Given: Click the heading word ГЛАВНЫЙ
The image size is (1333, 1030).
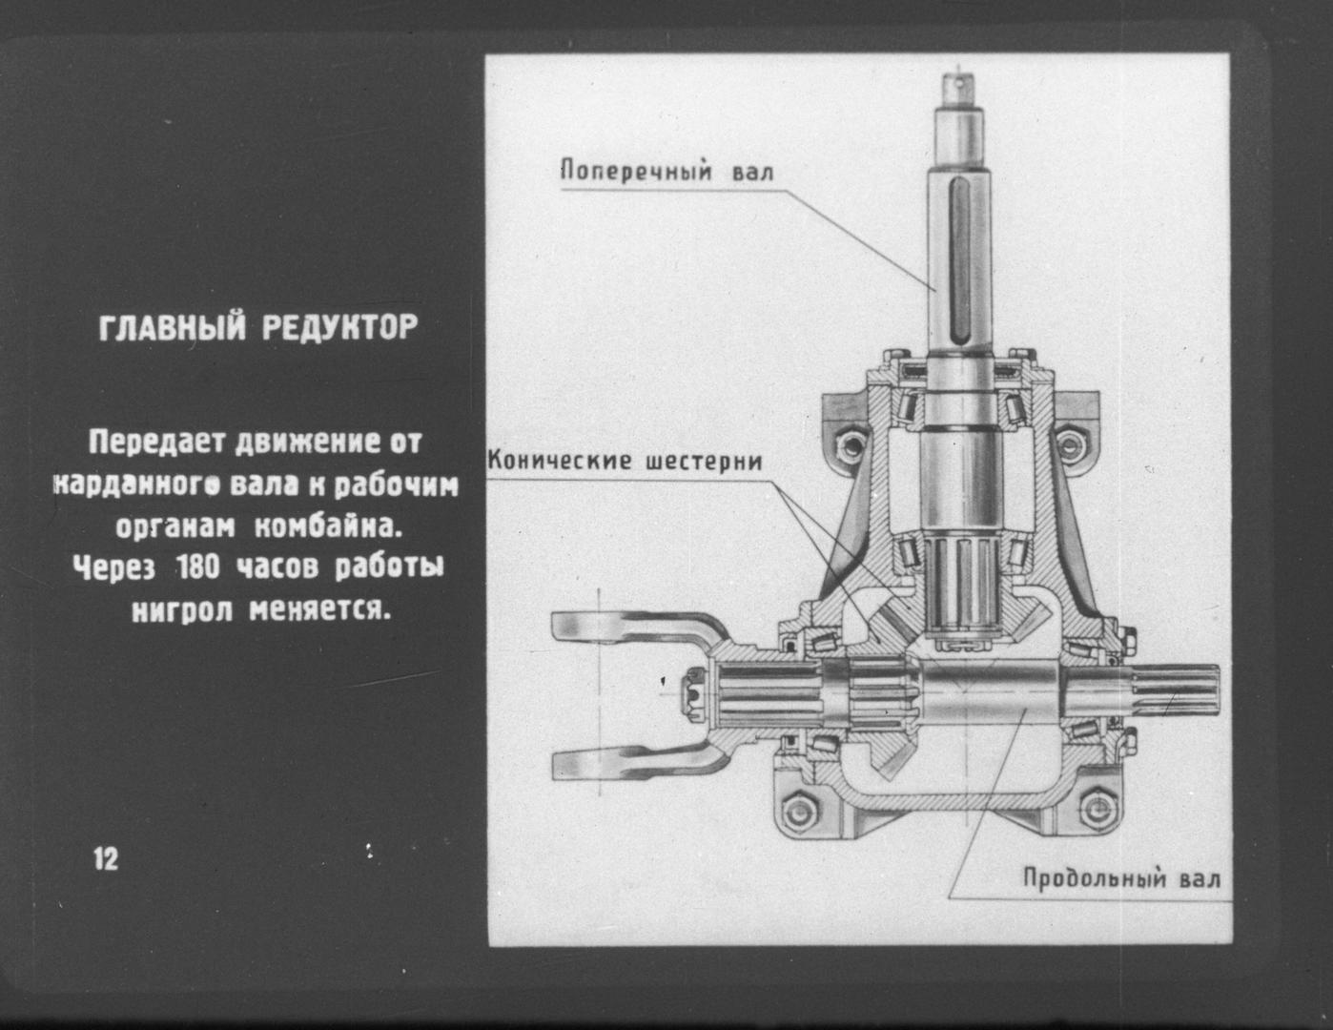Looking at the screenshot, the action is click(x=171, y=328).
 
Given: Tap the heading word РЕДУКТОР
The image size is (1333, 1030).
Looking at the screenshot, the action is click(x=339, y=328).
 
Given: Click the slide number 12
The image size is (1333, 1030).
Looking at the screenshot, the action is click(x=106, y=859).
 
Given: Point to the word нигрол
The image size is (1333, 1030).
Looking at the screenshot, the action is click(x=182, y=609).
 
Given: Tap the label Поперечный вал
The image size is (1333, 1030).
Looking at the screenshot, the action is click(x=666, y=171).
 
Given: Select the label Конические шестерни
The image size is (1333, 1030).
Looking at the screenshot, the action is click(x=625, y=461).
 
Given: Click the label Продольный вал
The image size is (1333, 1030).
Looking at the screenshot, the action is click(x=1121, y=878).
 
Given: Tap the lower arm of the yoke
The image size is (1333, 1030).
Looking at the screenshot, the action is click(x=638, y=764).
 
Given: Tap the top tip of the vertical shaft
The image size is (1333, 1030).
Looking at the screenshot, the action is click(x=959, y=74).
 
